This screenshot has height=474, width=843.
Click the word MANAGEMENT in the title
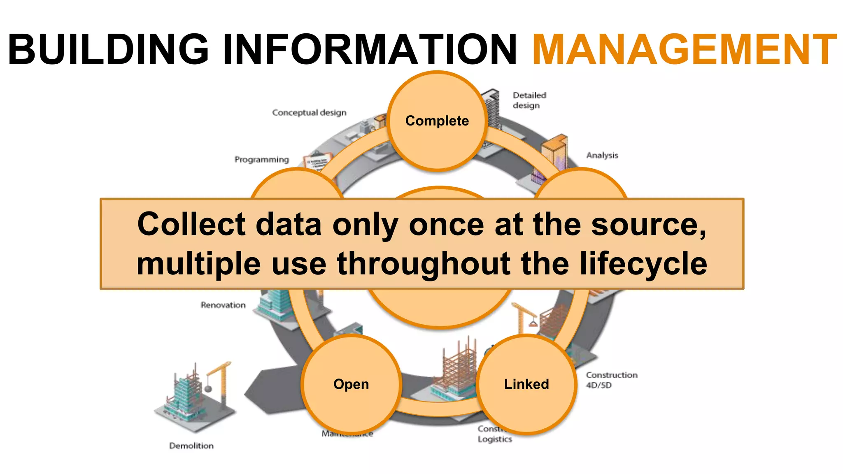685,49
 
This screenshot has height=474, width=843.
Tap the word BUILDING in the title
108,49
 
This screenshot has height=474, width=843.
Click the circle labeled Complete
437,121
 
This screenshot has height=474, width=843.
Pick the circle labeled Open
351,384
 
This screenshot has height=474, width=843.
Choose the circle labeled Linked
526,384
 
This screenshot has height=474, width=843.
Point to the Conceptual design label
309,112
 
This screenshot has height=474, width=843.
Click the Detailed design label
529,100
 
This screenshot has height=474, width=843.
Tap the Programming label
262,159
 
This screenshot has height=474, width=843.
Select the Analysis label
602,155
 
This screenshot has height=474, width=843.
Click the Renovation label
223,305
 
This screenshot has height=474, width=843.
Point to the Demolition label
191,446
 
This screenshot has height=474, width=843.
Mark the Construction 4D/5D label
611,380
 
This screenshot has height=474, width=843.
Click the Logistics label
495,439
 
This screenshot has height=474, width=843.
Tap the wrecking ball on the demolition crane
209,388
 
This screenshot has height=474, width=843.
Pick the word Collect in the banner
191,225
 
